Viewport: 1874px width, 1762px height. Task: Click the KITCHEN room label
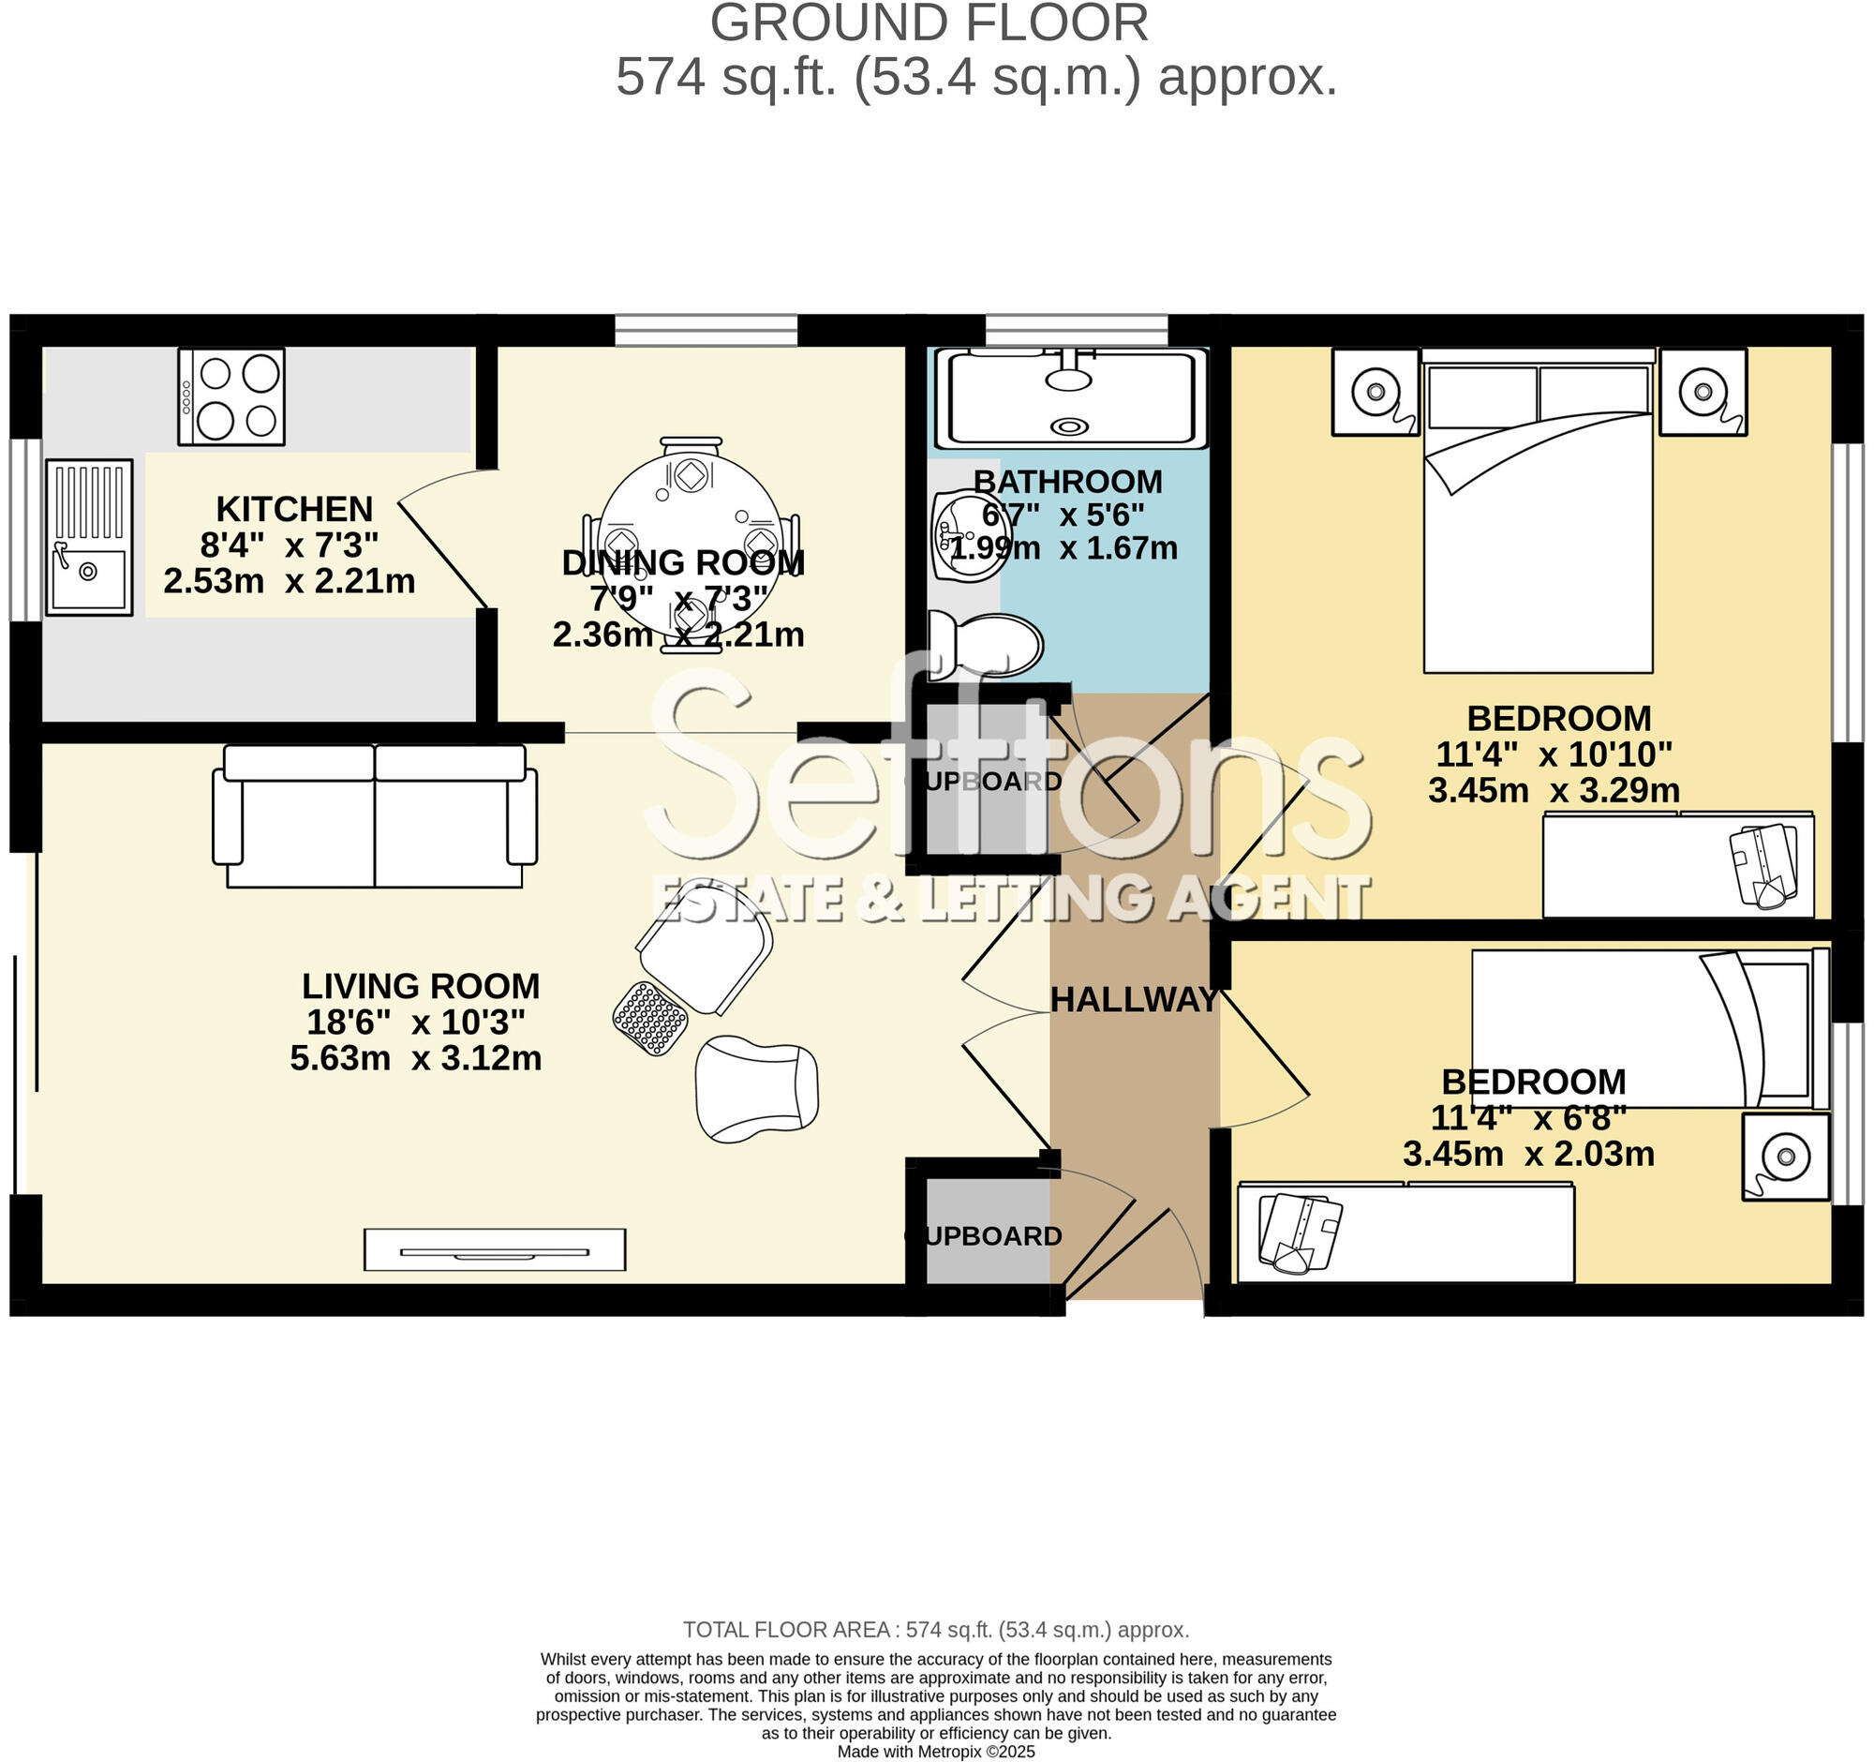pos(294,509)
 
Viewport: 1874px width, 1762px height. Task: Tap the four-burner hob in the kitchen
pos(231,396)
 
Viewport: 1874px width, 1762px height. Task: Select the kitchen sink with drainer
pos(90,537)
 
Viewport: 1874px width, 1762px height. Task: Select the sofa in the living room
pos(375,816)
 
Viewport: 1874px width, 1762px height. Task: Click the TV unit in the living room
pos(495,1250)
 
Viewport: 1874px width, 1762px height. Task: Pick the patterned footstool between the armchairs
pos(650,1018)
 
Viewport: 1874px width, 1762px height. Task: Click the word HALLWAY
pos(1135,1000)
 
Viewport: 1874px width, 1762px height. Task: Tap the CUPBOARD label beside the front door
pos(983,1236)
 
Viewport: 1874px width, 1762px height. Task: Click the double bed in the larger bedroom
pos(1539,528)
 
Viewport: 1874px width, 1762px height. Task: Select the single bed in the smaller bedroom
pos(1645,1027)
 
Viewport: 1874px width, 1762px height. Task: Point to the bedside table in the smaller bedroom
pos(1784,1156)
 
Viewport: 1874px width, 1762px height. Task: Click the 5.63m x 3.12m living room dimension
pos(416,1059)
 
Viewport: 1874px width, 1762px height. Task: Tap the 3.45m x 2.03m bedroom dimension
pos(1528,1154)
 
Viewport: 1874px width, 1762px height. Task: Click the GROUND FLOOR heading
pos(929,22)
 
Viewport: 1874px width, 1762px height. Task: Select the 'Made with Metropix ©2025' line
pos(936,1752)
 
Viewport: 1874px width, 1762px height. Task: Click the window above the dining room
pos(706,331)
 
